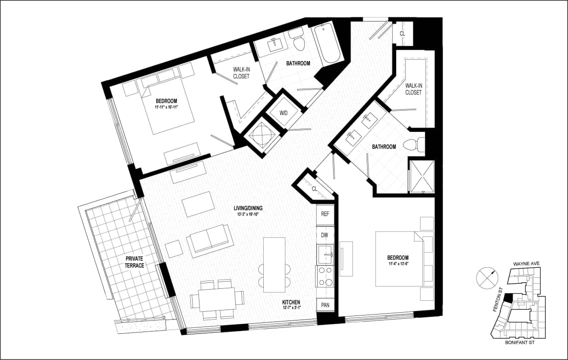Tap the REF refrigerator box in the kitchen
click(325, 214)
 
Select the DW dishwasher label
click(324, 235)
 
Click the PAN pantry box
click(325, 305)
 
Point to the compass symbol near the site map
click(486, 278)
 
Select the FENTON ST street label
click(496, 304)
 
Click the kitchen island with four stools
click(274, 264)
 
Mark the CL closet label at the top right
click(403, 34)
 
